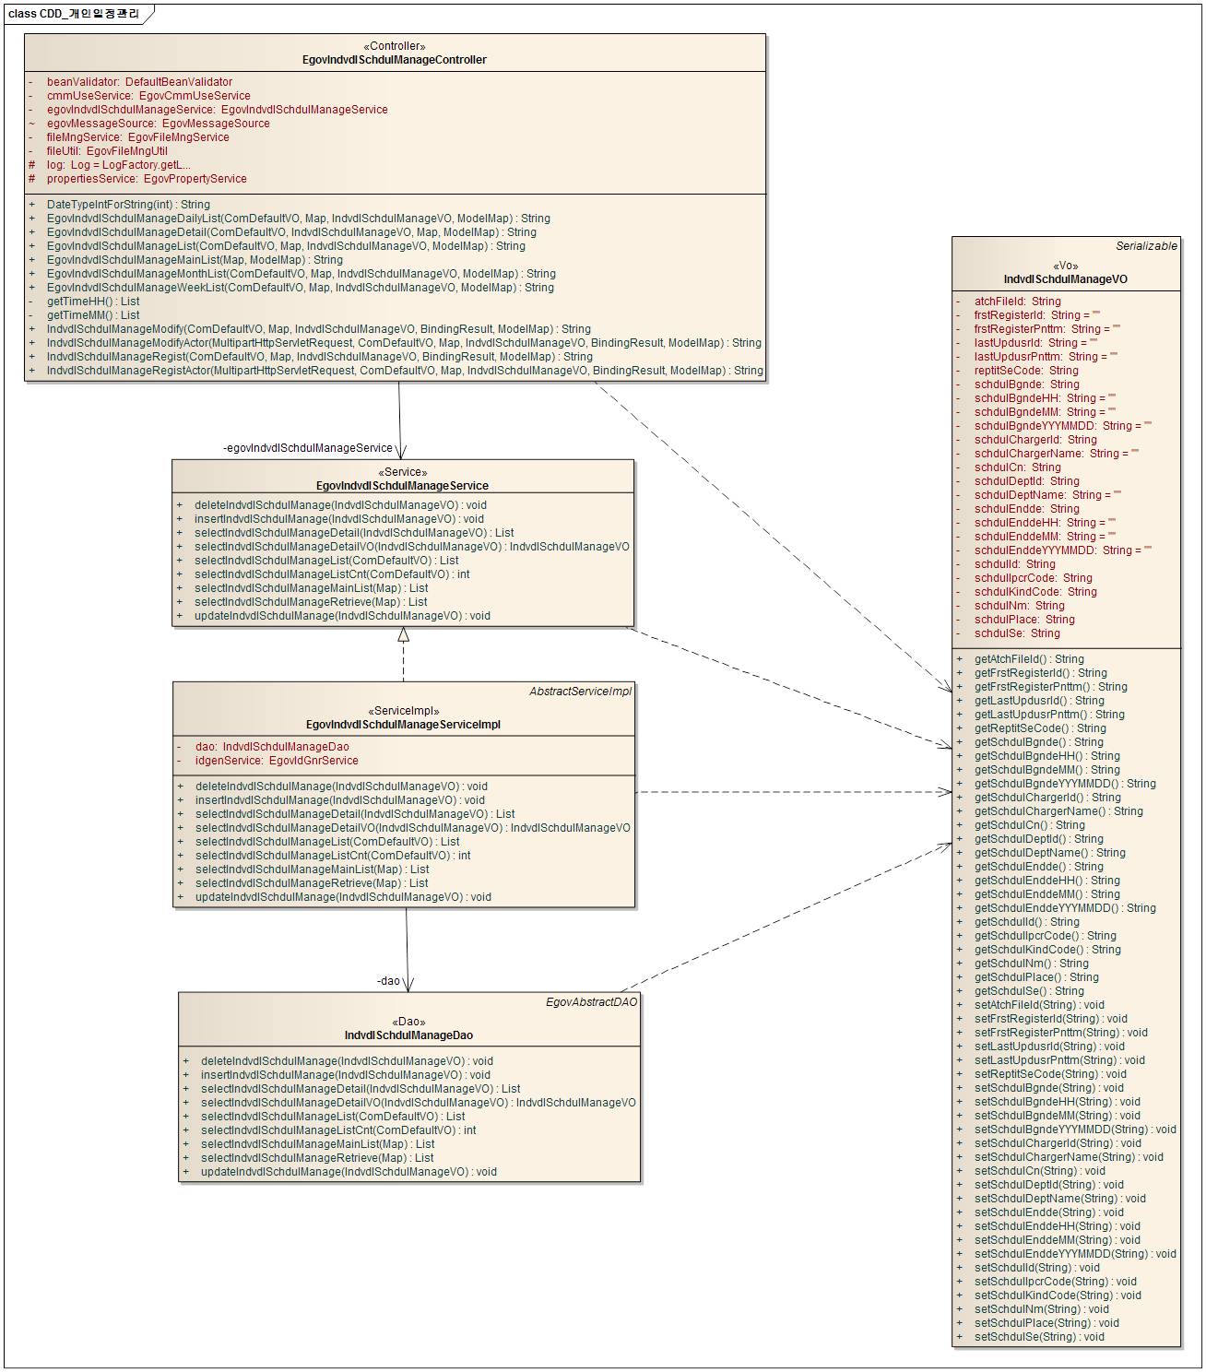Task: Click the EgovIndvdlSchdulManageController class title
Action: pos(395,60)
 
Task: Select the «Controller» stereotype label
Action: pos(395,46)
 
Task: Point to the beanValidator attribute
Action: pos(139,82)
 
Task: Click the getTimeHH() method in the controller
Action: pos(93,302)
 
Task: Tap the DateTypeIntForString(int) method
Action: pos(128,205)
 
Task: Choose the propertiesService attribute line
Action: pos(147,179)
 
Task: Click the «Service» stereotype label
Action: pos(403,472)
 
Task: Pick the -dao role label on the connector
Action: pos(388,981)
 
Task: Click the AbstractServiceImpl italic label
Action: pos(580,692)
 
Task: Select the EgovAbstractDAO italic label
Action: pos(591,1002)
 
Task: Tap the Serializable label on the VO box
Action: pos(1146,246)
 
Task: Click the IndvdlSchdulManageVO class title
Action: pos(1066,279)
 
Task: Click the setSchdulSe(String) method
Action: pos(1039,1337)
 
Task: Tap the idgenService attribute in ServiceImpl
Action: pos(277,761)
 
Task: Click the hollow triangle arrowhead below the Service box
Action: pos(403,634)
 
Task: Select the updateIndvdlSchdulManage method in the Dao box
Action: pos(349,1172)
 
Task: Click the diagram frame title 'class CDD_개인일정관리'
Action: pos(74,14)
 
